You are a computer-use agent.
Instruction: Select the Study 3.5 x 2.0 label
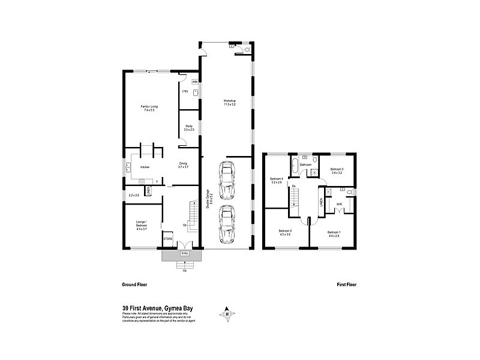pos(189,128)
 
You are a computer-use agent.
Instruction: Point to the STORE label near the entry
pos(168,239)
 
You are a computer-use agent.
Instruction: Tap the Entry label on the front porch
pos(184,254)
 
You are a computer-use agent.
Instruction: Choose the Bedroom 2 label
pos(284,233)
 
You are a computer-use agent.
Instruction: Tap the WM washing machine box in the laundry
pos(194,81)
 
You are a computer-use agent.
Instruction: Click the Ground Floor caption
pos(134,284)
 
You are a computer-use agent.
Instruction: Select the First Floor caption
pos(346,284)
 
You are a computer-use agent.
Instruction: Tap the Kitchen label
pos(145,167)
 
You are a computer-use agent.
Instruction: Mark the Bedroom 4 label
pos(276,180)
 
